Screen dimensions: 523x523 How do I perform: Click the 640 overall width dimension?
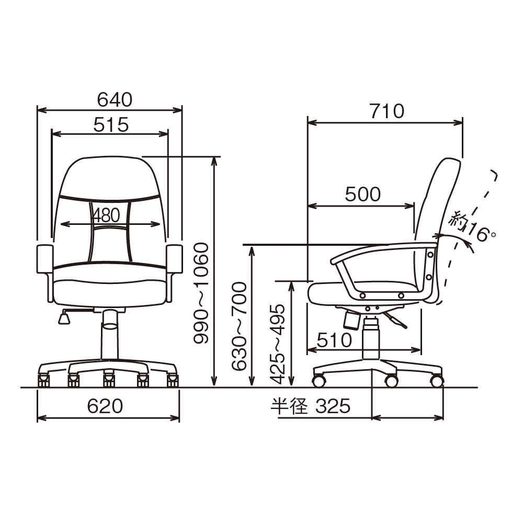click(x=115, y=99)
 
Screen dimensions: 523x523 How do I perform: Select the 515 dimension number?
click(x=111, y=125)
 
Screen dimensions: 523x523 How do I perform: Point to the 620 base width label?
click(x=105, y=406)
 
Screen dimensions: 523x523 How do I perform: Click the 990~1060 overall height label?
click(x=201, y=293)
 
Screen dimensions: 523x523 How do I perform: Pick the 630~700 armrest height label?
click(x=239, y=326)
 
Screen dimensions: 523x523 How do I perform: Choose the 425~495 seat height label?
click(x=278, y=344)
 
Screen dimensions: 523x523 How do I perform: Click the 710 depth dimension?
click(x=387, y=111)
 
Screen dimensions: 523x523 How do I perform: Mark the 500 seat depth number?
click(x=362, y=194)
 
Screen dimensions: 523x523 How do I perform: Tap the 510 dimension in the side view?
click(x=335, y=340)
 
